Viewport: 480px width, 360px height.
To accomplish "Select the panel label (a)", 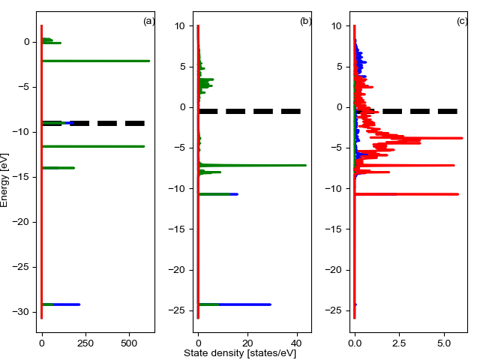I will click(149, 21).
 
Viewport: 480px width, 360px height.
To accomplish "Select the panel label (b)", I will click(306, 21).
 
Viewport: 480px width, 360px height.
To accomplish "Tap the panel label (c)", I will click(462, 21).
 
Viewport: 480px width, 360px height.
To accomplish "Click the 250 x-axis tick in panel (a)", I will click(85, 342).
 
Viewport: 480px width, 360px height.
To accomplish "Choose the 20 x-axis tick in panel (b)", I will click(247, 342).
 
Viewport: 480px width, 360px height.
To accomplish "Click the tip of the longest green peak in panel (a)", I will click(149, 61).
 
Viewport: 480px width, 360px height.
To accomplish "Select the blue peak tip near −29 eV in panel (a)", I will click(79, 304).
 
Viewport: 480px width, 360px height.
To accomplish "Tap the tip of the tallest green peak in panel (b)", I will click(305, 165).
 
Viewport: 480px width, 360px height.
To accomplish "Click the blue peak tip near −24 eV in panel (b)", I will click(271, 304).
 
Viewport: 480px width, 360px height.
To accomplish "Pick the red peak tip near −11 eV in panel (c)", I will click(457, 194).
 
